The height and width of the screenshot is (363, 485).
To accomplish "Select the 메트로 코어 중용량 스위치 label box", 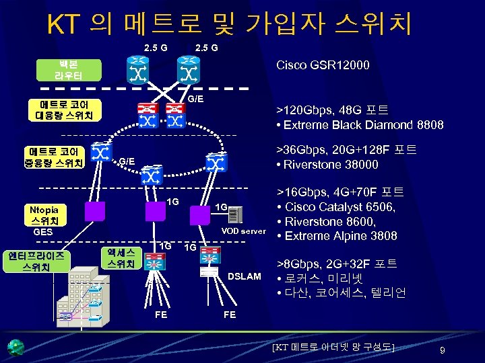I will [x=53, y=156].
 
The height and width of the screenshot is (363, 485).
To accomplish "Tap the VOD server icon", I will [x=235, y=214].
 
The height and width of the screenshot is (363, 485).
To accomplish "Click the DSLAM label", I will [x=245, y=276].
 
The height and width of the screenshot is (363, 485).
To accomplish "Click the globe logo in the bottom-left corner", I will [x=15, y=347].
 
